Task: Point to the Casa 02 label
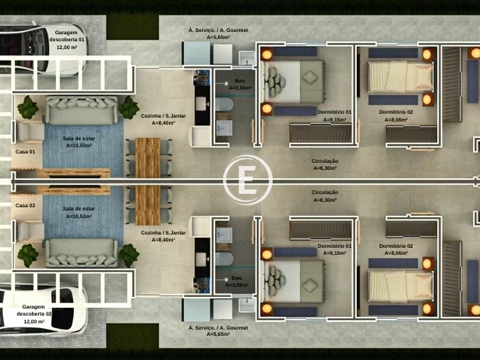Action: pyautogui.click(x=25, y=205)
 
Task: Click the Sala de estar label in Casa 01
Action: pyautogui.click(x=78, y=142)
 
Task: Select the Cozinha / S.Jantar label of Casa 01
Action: pyautogui.click(x=164, y=118)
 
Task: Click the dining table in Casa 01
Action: pyautogui.click(x=148, y=156)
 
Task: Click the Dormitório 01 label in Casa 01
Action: pyautogui.click(x=337, y=116)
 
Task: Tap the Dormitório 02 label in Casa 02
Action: pyautogui.click(x=396, y=249)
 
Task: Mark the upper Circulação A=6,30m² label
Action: pyautogui.click(x=324, y=164)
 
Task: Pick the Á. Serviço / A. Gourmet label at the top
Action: pyautogui.click(x=217, y=33)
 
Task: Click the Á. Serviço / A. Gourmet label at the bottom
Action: pyautogui.click(x=217, y=331)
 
